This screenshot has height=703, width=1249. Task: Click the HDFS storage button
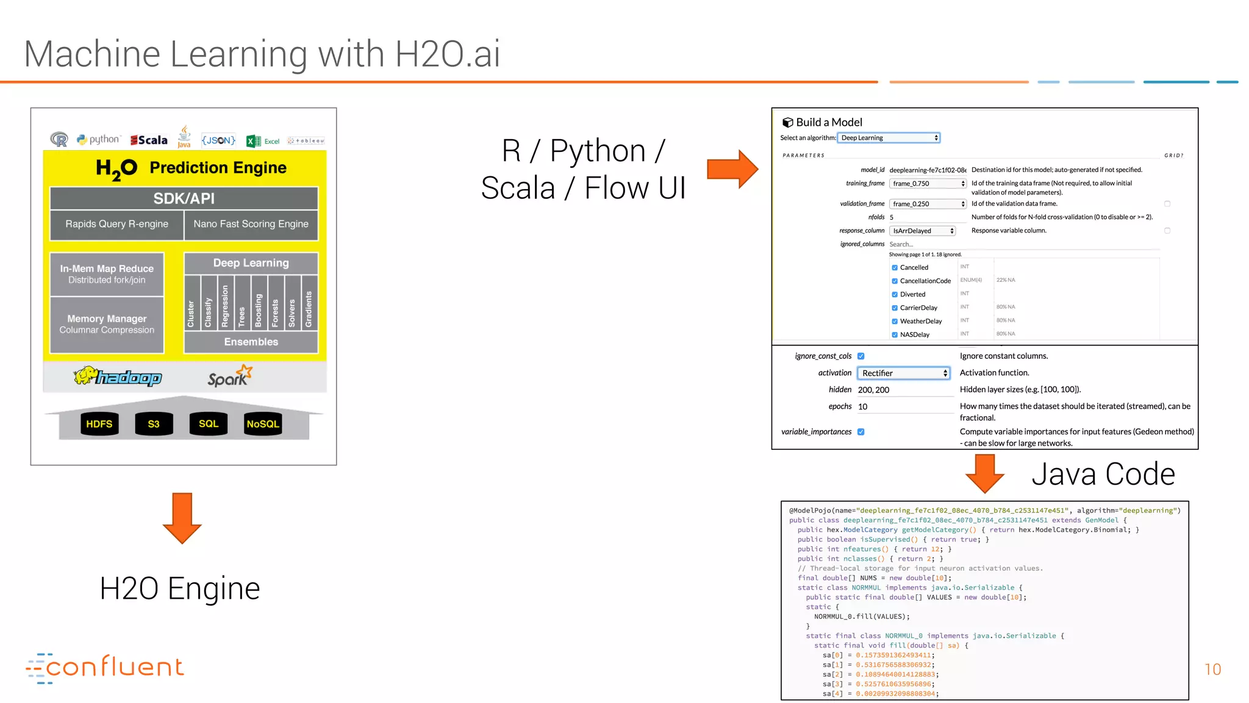[99, 424]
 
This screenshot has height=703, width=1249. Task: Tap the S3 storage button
[154, 424]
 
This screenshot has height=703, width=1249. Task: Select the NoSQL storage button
[263, 424]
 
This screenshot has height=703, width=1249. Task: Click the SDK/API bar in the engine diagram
[184, 198]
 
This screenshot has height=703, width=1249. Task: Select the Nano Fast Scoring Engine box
[251, 224]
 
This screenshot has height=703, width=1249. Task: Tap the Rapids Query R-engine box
[116, 224]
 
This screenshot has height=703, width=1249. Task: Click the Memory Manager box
[107, 324]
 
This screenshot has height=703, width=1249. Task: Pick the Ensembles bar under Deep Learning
[251, 342]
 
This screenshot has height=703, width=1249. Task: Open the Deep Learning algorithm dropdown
[889, 138]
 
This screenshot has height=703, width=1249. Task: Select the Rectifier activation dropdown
[903, 373]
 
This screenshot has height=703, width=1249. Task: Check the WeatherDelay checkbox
[895, 322]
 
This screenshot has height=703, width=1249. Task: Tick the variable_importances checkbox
[861, 432]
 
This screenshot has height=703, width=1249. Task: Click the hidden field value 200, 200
[874, 390]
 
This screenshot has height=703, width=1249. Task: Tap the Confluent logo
[105, 668]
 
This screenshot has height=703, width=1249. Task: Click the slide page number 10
[1212, 669]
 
